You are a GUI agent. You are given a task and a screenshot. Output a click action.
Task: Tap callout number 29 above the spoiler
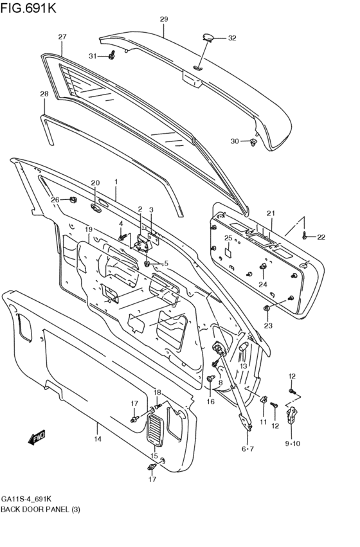[163, 19]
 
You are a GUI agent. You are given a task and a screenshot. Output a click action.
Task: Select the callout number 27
[62, 36]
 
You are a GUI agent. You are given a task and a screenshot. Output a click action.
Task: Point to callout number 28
[44, 94]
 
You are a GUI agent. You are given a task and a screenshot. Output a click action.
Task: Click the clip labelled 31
[113, 56]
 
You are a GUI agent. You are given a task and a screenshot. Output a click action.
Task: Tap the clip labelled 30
[255, 141]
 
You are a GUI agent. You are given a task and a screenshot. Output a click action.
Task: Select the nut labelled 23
[267, 310]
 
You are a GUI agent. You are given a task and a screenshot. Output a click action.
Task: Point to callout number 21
[271, 213]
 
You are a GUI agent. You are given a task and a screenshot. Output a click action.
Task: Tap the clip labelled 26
[73, 200]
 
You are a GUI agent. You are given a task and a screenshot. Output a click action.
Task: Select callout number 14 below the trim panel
[98, 440]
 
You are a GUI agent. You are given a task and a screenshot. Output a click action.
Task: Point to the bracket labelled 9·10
[293, 415]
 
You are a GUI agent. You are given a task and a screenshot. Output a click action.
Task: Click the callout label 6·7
[248, 448]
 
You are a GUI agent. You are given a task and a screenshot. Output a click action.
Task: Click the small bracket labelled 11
[264, 400]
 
